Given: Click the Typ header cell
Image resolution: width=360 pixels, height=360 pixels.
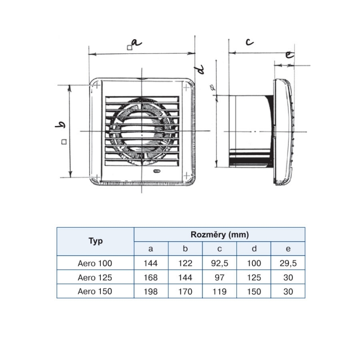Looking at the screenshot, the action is (95, 241).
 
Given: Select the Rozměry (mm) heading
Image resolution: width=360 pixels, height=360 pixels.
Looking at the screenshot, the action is (220, 234).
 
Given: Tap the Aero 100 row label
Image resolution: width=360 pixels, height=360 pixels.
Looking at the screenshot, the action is (95, 263).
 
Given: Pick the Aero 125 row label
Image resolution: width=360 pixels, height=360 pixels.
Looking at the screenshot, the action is (95, 277).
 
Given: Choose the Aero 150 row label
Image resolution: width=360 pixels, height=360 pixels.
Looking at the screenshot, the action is (95, 291).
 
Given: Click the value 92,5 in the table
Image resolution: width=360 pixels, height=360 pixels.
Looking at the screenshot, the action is (220, 263).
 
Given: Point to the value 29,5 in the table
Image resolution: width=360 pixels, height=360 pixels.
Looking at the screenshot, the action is (288, 263).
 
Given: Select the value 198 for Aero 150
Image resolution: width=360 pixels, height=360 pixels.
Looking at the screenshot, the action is (151, 292).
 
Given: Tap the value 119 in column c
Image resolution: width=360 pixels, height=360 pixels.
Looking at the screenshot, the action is (220, 292).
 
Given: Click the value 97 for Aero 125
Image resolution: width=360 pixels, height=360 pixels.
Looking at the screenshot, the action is (220, 278).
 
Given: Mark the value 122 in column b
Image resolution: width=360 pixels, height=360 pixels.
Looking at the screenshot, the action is (185, 263).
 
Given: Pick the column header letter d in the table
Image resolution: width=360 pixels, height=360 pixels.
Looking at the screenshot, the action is (254, 249).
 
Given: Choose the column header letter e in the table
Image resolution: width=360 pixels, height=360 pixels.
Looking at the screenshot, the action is (288, 249).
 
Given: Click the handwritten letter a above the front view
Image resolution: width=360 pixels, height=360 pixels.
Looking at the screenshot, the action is (136, 43).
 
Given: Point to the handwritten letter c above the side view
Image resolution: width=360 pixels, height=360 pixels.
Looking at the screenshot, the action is (250, 42).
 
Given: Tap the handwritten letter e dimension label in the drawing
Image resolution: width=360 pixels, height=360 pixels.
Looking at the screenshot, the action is (289, 55).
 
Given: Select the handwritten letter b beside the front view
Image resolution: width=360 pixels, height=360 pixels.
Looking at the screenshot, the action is (60, 125).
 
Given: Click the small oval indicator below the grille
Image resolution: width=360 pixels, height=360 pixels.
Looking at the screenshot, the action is (157, 171).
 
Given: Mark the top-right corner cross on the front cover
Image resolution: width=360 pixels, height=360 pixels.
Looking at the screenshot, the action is (186, 87).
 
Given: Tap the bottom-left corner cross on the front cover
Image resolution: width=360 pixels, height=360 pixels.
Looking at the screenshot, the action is (97, 177).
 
